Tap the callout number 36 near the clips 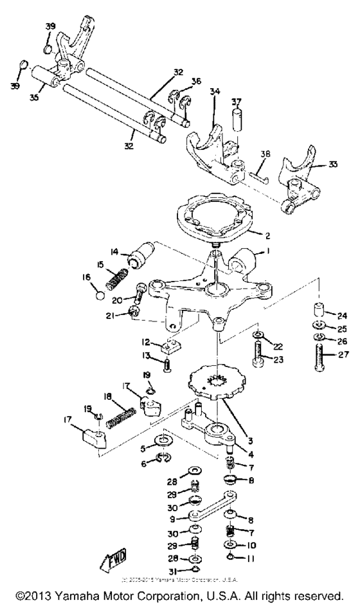coord(195,81)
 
